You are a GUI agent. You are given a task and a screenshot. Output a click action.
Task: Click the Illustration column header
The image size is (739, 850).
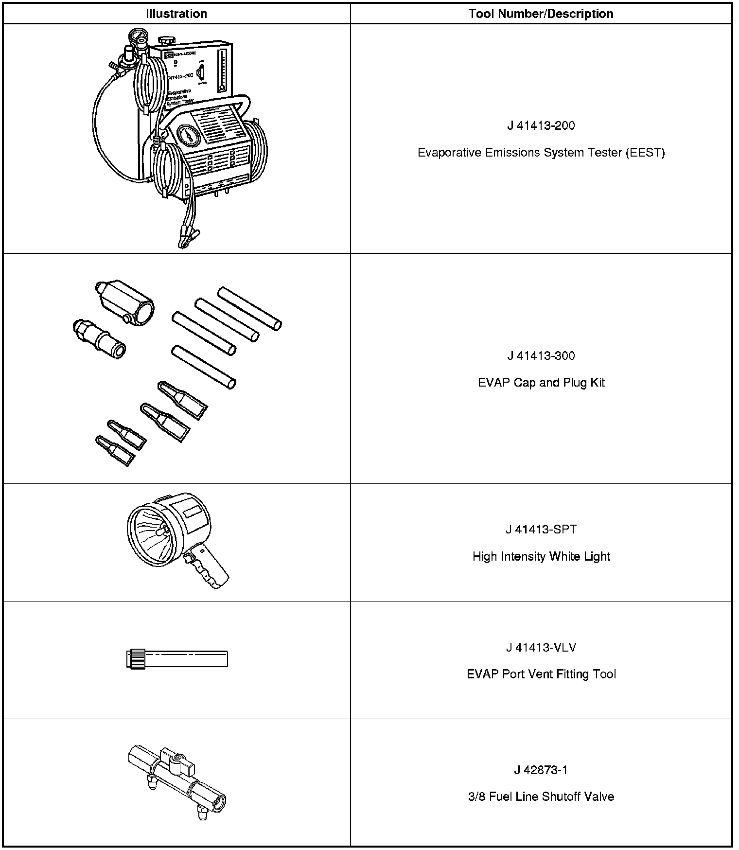(x=176, y=14)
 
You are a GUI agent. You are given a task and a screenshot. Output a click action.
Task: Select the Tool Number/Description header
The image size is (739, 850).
(x=541, y=14)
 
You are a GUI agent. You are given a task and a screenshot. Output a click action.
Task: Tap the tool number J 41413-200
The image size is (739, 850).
(x=541, y=126)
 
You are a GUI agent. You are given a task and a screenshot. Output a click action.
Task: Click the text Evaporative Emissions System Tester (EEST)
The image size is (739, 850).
(x=541, y=153)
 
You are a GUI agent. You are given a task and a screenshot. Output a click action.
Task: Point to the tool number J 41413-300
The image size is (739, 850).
(x=541, y=356)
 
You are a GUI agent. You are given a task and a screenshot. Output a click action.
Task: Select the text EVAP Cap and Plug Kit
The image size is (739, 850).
(x=541, y=383)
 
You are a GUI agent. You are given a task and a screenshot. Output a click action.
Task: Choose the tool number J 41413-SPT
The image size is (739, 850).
(x=541, y=530)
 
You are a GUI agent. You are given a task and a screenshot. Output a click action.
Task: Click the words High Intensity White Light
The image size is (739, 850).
(x=541, y=556)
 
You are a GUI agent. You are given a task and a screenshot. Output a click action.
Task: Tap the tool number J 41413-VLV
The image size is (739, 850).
(x=541, y=648)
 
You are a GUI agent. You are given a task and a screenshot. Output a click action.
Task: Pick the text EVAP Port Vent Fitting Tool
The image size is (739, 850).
(x=541, y=674)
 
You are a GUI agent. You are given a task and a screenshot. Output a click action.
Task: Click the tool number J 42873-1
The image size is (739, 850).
(x=541, y=770)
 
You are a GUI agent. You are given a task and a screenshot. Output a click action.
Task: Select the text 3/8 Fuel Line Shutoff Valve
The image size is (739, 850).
(x=541, y=797)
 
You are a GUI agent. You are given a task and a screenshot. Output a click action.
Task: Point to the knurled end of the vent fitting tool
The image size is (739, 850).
(x=135, y=659)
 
